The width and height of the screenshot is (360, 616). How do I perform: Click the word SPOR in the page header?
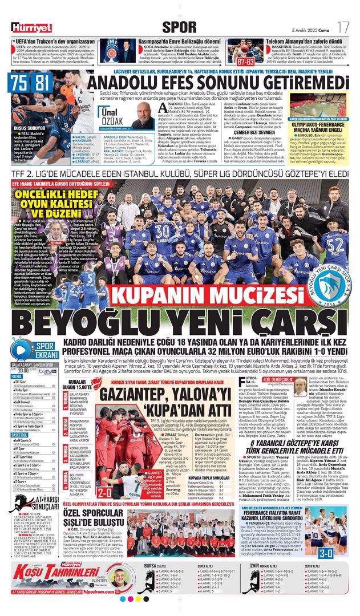pyautogui.click(x=179, y=26)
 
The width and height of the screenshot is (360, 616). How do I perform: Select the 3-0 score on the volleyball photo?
pyautogui.click(x=341, y=552)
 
